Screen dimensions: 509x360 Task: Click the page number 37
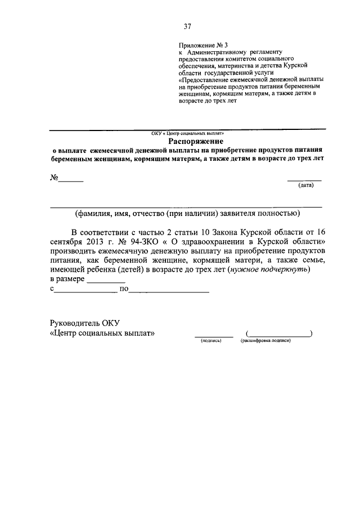188,25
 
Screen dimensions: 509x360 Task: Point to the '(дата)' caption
305,185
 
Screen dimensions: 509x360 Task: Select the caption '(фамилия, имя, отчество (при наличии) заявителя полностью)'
185,213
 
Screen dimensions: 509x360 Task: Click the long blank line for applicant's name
186,206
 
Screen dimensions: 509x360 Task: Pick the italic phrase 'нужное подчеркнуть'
269,269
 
